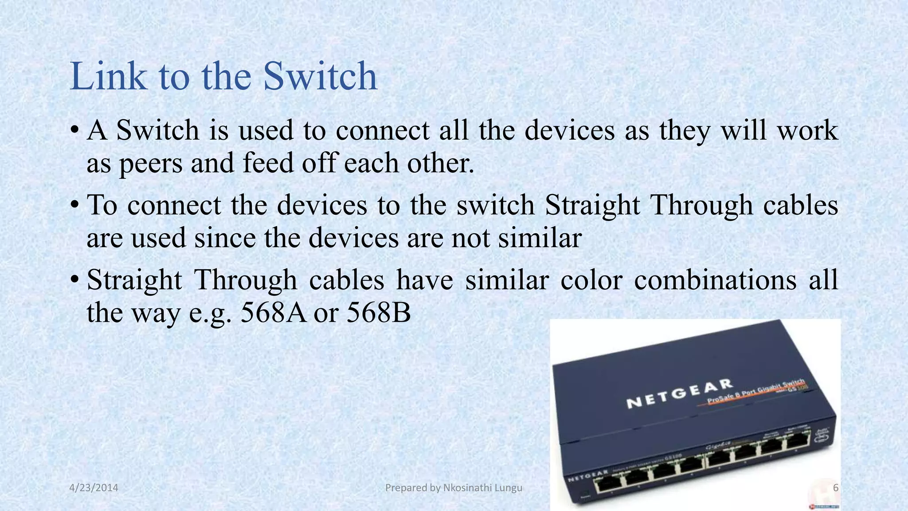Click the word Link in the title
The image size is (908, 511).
point(108,76)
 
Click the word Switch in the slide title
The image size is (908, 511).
point(320,76)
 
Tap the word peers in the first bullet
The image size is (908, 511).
point(151,163)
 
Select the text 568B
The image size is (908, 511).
point(379,313)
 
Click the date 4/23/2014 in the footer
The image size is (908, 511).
point(94,488)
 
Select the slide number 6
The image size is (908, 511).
point(836,488)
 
